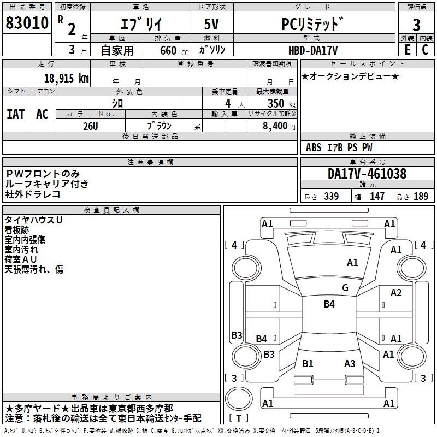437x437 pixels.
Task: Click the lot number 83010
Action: click(27, 23)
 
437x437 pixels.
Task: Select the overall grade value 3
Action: click(416, 25)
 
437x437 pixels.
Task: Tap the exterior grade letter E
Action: click(408, 50)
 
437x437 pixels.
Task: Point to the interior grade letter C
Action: click(425, 50)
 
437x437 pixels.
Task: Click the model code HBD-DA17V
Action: click(313, 50)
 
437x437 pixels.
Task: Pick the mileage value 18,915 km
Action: click(67, 79)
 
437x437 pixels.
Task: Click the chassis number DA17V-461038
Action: click(367, 174)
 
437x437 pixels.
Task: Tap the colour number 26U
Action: click(91, 126)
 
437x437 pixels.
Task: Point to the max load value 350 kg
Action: click(281, 103)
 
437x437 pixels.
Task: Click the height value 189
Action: click(421, 196)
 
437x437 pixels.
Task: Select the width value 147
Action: click(377, 196)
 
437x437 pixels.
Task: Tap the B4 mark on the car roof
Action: click(329, 304)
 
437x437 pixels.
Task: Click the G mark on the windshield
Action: click(345, 287)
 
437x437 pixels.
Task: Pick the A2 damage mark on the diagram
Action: click(396, 293)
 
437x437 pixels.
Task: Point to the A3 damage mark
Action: click(350, 363)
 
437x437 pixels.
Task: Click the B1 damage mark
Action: click(308, 363)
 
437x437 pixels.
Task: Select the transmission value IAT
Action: click(16, 114)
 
